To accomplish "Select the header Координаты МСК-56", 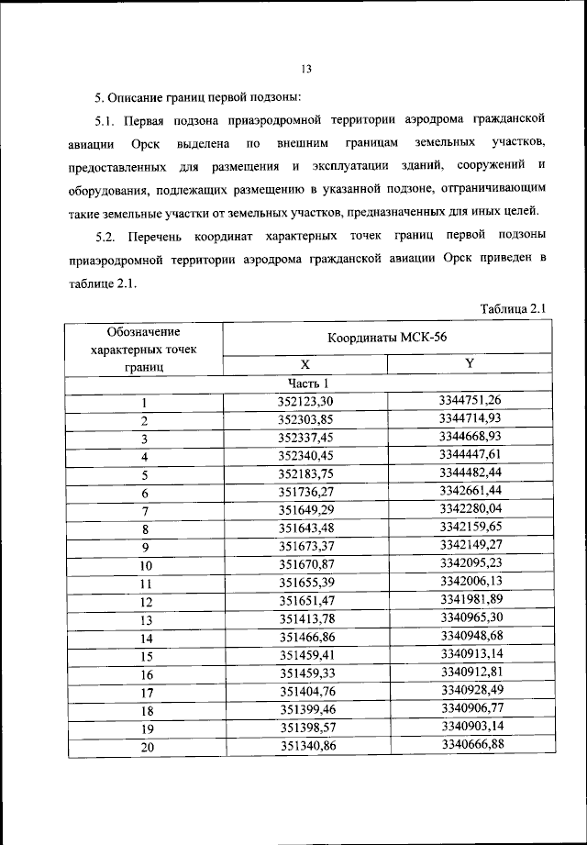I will pos(386,338).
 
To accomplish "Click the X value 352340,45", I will pos(306,455).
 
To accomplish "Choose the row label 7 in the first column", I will pos(145,510).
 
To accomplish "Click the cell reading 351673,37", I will pos(306,546).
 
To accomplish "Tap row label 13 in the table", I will pos(145,619).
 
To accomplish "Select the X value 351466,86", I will pos(306,638).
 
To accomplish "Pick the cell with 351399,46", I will pos(306,710).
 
